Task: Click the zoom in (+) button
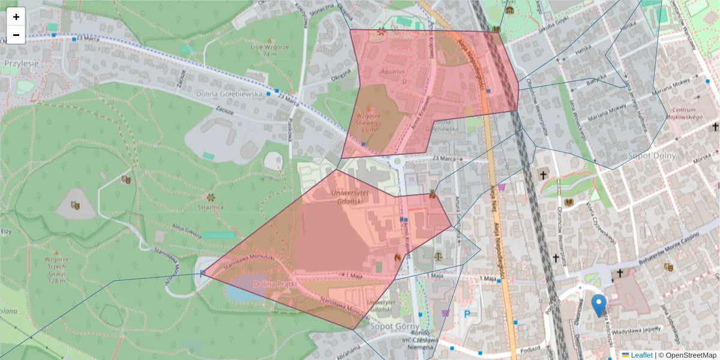tap(16, 17)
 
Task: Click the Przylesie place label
tap(21, 62)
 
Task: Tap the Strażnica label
tap(211, 206)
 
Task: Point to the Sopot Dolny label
tap(652, 155)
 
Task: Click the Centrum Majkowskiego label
tap(683, 113)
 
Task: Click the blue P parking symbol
tap(467, 313)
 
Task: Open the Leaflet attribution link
tap(641, 355)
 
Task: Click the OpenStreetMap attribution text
tap(691, 355)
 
